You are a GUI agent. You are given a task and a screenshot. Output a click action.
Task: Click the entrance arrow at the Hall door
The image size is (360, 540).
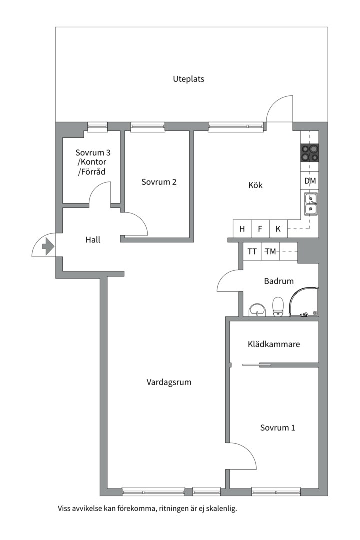tap(48, 246)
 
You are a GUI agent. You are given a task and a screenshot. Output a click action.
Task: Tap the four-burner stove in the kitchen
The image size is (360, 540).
tap(309, 153)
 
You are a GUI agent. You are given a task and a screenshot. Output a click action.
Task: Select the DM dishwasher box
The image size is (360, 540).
tap(310, 181)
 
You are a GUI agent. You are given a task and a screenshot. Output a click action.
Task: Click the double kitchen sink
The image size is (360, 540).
tap(310, 204)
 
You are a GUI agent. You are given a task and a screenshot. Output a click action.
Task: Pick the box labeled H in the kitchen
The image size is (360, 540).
tap(242, 229)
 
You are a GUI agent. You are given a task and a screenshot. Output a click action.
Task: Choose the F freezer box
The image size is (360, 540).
tap(260, 229)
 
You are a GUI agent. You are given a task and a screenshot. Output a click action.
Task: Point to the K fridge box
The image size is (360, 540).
tap(278, 229)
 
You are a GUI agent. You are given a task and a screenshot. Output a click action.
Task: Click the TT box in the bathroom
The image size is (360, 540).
tap(252, 251)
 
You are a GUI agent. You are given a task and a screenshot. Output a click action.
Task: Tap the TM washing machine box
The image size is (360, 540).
tap(271, 251)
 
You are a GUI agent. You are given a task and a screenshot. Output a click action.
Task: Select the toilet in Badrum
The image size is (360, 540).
tap(278, 306)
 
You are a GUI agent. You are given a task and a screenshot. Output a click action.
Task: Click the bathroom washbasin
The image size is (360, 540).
tap(257, 309)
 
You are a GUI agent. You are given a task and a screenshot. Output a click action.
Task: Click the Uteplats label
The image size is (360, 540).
tap(189, 79)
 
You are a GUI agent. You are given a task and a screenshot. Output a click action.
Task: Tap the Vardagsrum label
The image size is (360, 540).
tap(169, 382)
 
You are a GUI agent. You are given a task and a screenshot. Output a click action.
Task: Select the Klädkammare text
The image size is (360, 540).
tap(274, 344)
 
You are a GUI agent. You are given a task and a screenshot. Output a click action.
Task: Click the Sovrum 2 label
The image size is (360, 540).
tap(159, 182)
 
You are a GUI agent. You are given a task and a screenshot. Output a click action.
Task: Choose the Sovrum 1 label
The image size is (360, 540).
tap(277, 428)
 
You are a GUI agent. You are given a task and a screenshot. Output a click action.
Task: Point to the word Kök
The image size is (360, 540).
tap(255, 185)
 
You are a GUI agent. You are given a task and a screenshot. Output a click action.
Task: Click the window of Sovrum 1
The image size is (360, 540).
tap(276, 492)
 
